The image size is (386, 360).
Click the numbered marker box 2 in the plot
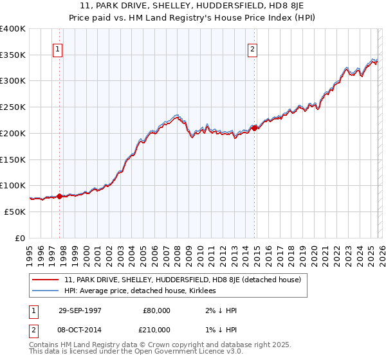point(252,49)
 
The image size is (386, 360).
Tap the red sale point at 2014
point(255,128)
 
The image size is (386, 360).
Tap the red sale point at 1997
point(60,196)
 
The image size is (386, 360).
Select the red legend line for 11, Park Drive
point(46,280)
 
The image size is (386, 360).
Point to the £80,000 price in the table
point(157,310)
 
